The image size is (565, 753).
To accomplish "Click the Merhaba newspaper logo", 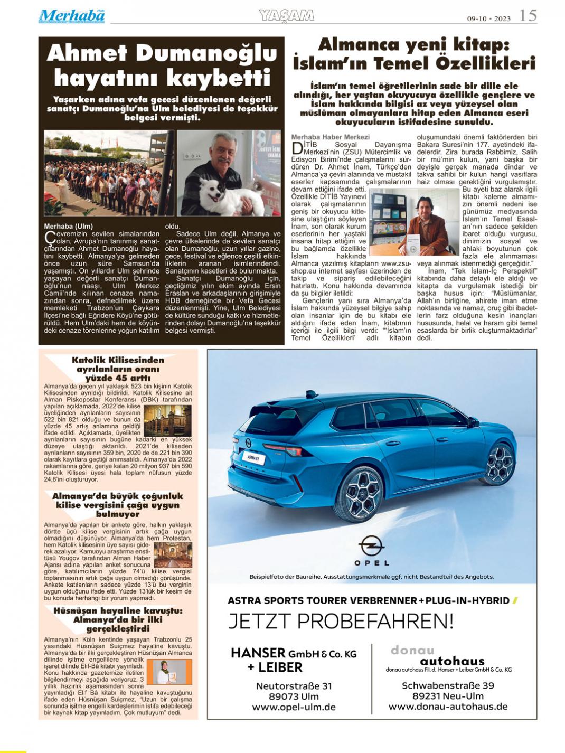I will point(72,16).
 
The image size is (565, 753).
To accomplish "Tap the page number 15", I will point(528,15).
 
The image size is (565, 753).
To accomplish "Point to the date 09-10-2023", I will point(488,18).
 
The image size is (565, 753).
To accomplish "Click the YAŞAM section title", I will point(287,16).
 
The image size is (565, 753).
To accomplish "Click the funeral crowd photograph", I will point(108,174).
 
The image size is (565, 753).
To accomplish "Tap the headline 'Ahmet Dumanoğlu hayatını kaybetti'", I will point(162,65).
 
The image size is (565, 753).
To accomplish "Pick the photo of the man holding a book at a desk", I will point(414,222).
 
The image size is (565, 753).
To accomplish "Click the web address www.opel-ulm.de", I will point(294,707).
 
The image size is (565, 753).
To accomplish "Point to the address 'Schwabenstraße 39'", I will point(448,685).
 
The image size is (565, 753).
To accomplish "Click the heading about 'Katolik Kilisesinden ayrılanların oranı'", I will point(118,369).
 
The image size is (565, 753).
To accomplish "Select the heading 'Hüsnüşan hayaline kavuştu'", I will point(118,620).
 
